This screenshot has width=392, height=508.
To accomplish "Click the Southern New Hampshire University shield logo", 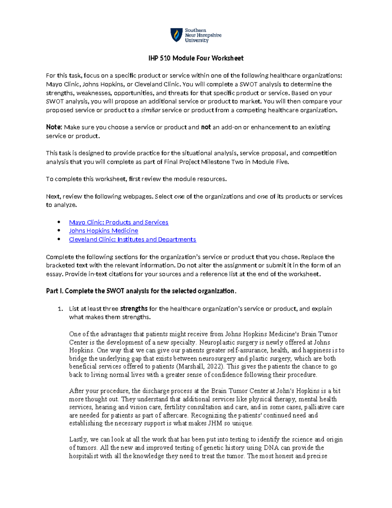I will click(x=176, y=35).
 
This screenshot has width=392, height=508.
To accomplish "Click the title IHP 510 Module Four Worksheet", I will click(x=196, y=58).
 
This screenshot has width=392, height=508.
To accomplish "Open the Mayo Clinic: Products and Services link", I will click(x=119, y=222).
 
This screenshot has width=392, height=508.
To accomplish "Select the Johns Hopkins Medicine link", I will click(x=104, y=231).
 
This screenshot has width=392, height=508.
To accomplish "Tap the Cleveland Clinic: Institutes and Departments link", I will click(x=132, y=239).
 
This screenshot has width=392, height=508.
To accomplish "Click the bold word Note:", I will click(x=54, y=127).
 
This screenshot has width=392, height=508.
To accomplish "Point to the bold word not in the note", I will click(x=206, y=127).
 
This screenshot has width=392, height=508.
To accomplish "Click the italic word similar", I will click(x=151, y=110).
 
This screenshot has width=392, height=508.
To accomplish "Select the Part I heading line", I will click(x=141, y=291).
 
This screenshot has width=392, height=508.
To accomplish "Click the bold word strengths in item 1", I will click(x=134, y=309).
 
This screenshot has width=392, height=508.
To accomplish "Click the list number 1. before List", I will click(x=60, y=309).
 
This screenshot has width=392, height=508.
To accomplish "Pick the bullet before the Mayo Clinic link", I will click(x=59, y=222).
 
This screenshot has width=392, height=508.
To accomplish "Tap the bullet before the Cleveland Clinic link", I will click(x=59, y=239).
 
